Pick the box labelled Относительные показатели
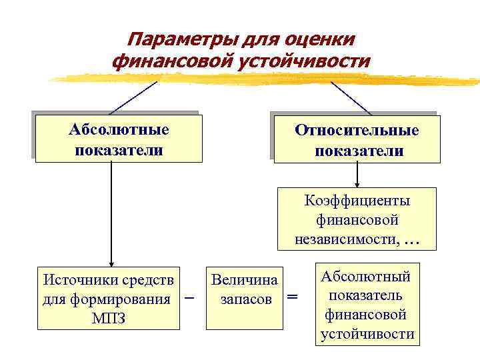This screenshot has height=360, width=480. (x=357, y=139)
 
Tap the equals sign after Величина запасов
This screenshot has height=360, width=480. (x=292, y=297)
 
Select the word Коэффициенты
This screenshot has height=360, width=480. (x=357, y=201)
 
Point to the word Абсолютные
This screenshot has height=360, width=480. (x=119, y=129)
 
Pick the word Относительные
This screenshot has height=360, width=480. (x=357, y=130)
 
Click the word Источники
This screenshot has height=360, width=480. (x=75, y=279)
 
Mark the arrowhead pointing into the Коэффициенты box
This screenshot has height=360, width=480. (x=357, y=184)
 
